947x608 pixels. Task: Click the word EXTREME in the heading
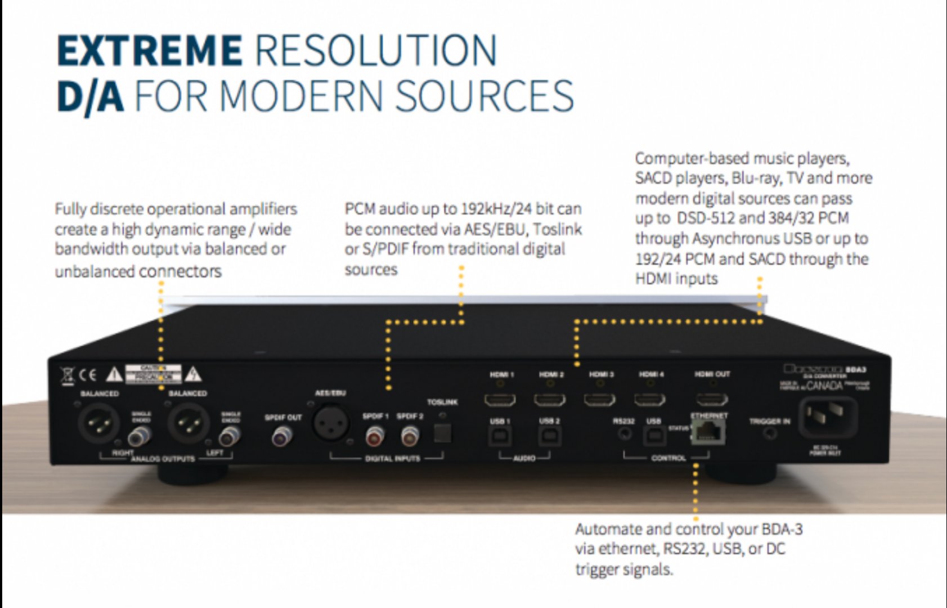[x=150, y=51]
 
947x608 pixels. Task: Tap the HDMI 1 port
[x=500, y=400]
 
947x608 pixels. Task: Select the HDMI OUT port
[x=712, y=400]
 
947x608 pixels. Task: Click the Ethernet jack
[x=708, y=432]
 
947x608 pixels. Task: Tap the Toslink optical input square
[x=442, y=432]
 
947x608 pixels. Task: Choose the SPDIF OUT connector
[x=282, y=435]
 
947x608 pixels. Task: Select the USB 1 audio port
[x=500, y=436]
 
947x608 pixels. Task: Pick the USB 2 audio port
[x=549, y=436]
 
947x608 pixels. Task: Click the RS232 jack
[x=625, y=434]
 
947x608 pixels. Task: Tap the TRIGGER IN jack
[x=770, y=433]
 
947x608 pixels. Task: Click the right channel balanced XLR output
[x=98, y=423]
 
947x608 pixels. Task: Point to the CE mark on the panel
[x=88, y=374]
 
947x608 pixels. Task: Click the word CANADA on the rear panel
[x=824, y=386]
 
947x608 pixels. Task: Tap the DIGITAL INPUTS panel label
[x=392, y=458]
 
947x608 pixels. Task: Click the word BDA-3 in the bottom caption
[x=782, y=530]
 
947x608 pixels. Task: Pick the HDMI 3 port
[x=600, y=400]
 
